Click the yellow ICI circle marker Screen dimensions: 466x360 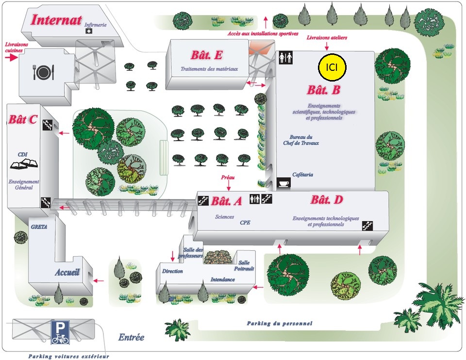(332, 67)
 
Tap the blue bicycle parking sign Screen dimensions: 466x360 (60, 332)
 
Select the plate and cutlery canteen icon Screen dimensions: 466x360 (43, 72)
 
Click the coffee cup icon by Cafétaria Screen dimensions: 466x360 (283, 183)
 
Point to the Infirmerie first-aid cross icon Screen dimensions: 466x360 (88, 31)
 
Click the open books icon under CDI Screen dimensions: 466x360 (24, 164)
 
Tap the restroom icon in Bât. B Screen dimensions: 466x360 (285, 58)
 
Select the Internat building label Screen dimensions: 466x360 (56, 20)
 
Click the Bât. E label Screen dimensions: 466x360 (207, 55)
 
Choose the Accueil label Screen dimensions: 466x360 (67, 272)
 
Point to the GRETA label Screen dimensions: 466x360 (39, 227)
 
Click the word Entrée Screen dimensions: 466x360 (131, 337)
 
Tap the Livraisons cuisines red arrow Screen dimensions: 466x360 (12, 57)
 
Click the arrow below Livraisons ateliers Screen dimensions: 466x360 (327, 47)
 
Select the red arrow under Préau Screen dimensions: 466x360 (229, 186)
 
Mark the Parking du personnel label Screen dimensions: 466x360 (280, 324)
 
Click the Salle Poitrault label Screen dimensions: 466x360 (244, 265)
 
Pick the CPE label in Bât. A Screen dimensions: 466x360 (245, 223)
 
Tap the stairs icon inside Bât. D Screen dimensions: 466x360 (367, 226)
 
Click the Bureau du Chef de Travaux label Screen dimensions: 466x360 (301, 140)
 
